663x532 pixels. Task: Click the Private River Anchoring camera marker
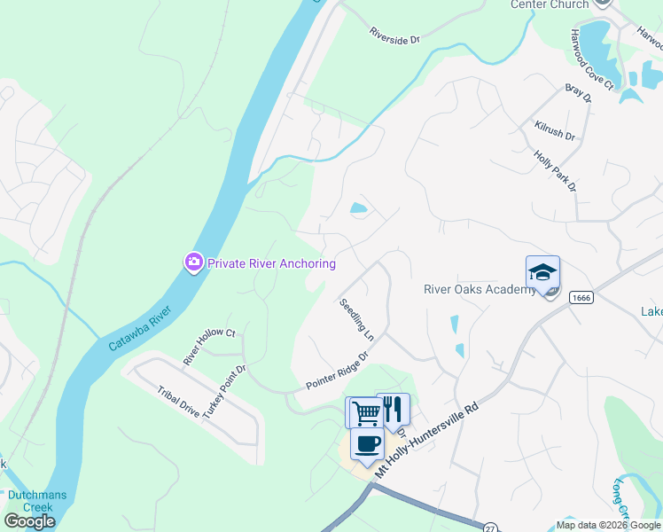193,262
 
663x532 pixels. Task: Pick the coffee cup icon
367,443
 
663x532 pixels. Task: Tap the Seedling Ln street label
357,320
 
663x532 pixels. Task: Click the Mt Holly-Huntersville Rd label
426,441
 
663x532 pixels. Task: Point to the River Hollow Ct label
209,348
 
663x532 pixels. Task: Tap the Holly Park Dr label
556,170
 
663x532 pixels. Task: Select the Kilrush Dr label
555,132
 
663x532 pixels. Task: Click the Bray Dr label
578,94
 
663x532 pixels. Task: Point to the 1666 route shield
581,299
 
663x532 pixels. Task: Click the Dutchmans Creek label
38,501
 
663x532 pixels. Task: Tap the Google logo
29,521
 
